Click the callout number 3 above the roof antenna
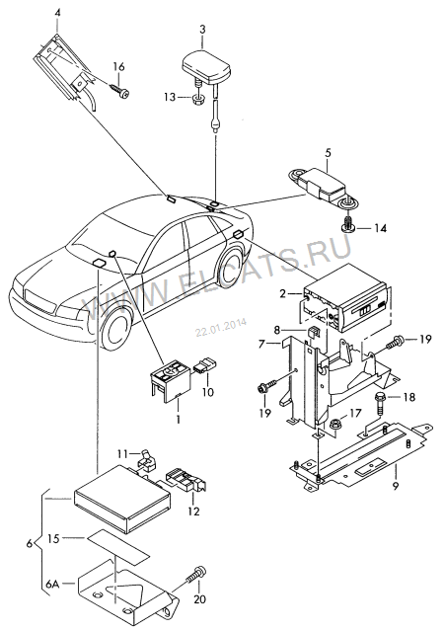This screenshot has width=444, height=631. point(202,30)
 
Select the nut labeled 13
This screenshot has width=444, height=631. point(197,98)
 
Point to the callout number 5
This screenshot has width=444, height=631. point(328,153)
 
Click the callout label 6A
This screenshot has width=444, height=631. point(52,584)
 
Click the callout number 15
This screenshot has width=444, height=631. point(53,538)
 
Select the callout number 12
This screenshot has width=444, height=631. point(193,512)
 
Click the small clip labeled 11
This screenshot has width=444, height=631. point(147,460)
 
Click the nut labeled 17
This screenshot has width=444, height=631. point(334,425)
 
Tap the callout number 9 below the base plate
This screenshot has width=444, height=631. point(396,486)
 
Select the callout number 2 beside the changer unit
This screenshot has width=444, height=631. point(283,293)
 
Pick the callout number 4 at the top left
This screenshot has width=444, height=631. point(57,13)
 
